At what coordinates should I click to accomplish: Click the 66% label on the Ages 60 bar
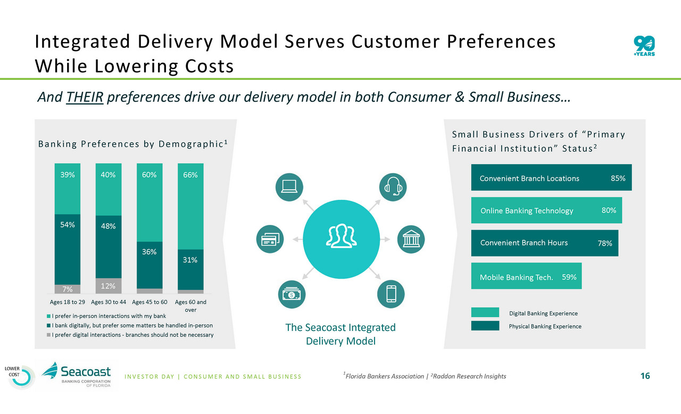click(x=190, y=175)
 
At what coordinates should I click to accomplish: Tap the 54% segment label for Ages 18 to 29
click(x=68, y=225)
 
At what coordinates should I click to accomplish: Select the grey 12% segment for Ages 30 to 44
click(x=109, y=286)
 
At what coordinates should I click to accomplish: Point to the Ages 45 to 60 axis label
click(x=150, y=302)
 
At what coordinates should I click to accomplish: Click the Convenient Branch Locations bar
click(x=551, y=177)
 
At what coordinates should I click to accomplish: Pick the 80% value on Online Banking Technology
click(x=609, y=210)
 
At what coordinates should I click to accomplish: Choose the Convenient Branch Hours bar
click(x=544, y=243)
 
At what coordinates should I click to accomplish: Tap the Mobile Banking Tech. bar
click(x=526, y=276)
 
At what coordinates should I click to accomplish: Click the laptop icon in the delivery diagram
click(x=288, y=187)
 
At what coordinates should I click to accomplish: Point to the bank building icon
click(x=411, y=239)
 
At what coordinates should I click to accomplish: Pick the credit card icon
click(x=270, y=239)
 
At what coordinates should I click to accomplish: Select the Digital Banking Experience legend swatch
click(x=485, y=312)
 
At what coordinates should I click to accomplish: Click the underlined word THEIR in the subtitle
click(x=85, y=98)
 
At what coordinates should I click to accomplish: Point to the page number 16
click(x=645, y=376)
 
